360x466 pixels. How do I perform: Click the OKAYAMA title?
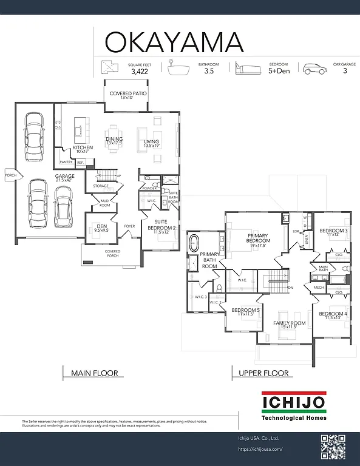[175, 42]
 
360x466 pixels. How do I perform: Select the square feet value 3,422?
[140, 71]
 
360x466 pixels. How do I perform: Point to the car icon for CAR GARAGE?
[313, 68]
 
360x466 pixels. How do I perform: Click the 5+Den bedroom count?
[279, 71]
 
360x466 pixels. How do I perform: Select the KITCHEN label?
[83, 147]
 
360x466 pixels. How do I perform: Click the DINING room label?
[114, 139]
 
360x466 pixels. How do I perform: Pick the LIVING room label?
[151, 141]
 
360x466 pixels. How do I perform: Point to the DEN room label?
[101, 227]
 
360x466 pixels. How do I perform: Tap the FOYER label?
[129, 226]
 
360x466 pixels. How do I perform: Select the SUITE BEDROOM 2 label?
[161, 225]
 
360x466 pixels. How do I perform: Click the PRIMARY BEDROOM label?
[258, 238]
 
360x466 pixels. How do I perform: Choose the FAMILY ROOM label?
[289, 323]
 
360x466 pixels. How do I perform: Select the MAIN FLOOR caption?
[94, 373]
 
